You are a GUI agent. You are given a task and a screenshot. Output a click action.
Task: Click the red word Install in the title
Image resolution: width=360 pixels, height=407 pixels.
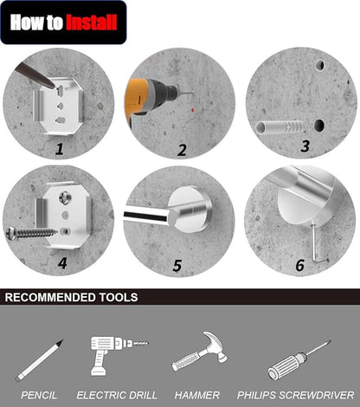coord(92,23)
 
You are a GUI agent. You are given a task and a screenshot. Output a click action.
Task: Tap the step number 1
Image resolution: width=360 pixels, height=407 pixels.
coord(60,149)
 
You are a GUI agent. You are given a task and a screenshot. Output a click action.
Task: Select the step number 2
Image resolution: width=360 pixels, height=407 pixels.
coord(182,150)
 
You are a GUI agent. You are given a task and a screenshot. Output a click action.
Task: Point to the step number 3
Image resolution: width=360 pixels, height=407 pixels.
coord(305,146)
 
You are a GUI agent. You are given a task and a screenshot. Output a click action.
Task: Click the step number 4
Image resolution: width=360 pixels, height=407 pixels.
coord(62,263)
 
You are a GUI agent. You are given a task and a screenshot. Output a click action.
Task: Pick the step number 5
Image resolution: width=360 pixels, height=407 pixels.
coord(177,266)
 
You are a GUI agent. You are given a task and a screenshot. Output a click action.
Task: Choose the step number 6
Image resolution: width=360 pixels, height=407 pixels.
coord(300,265)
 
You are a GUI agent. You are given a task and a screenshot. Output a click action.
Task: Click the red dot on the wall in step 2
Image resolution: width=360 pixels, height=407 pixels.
coord(193,110)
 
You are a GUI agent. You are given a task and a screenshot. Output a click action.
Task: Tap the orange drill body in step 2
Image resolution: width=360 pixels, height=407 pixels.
coord(137,97)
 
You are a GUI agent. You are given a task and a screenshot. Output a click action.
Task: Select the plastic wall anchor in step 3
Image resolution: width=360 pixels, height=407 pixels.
coord(280,127)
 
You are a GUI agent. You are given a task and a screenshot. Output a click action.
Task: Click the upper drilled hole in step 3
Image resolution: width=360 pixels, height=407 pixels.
coord(320,65)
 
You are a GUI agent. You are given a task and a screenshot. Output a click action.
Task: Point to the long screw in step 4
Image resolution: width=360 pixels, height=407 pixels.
coord(32,233)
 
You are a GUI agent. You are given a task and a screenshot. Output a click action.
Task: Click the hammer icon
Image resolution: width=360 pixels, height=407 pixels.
coord(200,351)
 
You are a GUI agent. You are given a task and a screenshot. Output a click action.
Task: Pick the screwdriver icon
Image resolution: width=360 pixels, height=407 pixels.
coord(299,360)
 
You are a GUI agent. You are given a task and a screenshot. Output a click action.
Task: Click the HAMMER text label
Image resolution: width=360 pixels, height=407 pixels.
coord(197,395)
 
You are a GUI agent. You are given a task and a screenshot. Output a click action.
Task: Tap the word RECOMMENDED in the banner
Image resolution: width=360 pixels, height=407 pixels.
coord(50,297)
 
